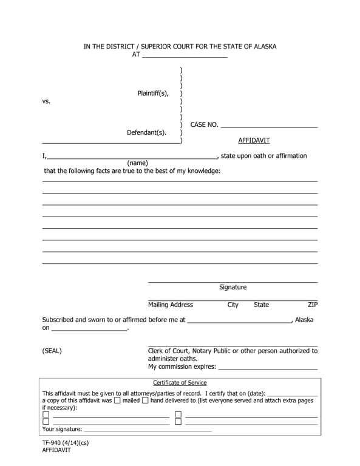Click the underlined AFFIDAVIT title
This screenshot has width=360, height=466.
coord(254,140)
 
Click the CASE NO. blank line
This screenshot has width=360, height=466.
coord(269,126)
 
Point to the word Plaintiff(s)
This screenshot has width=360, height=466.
coord(153,93)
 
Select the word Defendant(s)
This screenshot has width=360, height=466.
coord(146,132)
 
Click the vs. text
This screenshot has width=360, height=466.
coord(46,101)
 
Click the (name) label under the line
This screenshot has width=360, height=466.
coord(137,163)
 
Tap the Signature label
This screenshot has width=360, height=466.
coord(233,287)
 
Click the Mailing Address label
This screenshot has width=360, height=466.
coord(171,305)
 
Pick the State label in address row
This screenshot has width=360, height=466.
coord(261,305)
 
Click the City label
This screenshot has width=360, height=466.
coord(233,305)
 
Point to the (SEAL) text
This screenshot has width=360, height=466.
coord(52,351)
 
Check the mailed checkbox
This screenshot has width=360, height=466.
coord(117,400)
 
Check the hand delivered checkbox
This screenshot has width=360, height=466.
coord(145,400)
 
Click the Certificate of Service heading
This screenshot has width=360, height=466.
coord(180,383)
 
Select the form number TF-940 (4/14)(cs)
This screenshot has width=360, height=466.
coord(65,443)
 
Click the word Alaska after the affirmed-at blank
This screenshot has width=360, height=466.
coord(304,320)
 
